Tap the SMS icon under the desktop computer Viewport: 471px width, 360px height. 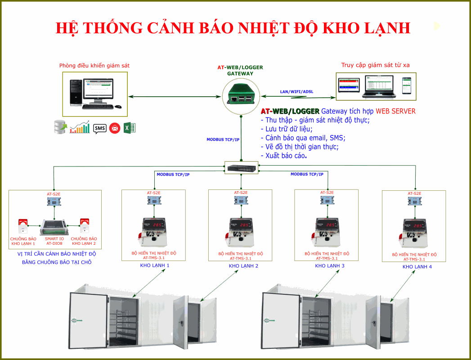99,128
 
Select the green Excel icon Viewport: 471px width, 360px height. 130,128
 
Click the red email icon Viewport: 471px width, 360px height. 115,128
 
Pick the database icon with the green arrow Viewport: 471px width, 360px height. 60,127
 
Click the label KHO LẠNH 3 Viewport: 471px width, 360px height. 330,266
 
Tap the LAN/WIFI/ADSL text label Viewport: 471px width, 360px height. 296,92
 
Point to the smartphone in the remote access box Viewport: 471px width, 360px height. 407,85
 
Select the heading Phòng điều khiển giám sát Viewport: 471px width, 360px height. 94,66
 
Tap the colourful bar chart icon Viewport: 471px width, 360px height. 80,128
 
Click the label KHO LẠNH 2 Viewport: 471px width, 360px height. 243,266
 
